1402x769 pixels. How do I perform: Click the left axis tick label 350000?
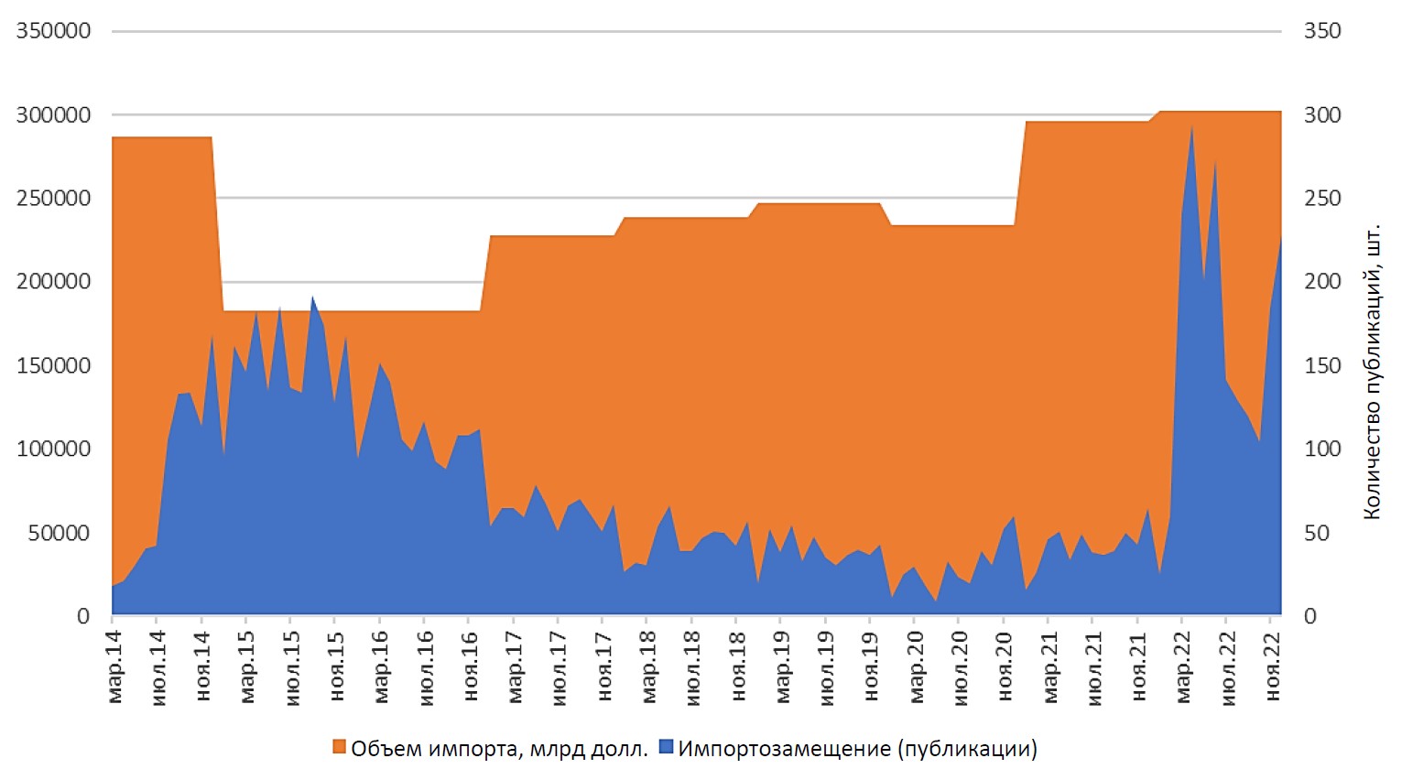(x=53, y=31)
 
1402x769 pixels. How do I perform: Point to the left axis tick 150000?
(x=53, y=365)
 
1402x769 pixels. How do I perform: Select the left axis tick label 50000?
(x=59, y=533)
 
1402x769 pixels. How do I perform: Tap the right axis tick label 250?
(x=1322, y=199)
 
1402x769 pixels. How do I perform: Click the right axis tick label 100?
(x=1322, y=449)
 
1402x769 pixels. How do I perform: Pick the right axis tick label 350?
(x=1322, y=31)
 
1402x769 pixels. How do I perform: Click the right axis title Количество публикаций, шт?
(x=1371, y=370)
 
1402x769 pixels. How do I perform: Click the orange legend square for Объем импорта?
(x=339, y=748)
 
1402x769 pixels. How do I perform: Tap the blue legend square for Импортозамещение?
(x=666, y=748)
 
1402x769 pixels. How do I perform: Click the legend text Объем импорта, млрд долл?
(x=499, y=749)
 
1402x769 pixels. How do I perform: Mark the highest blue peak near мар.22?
(x=1191, y=125)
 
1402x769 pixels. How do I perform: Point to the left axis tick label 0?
(x=83, y=616)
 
